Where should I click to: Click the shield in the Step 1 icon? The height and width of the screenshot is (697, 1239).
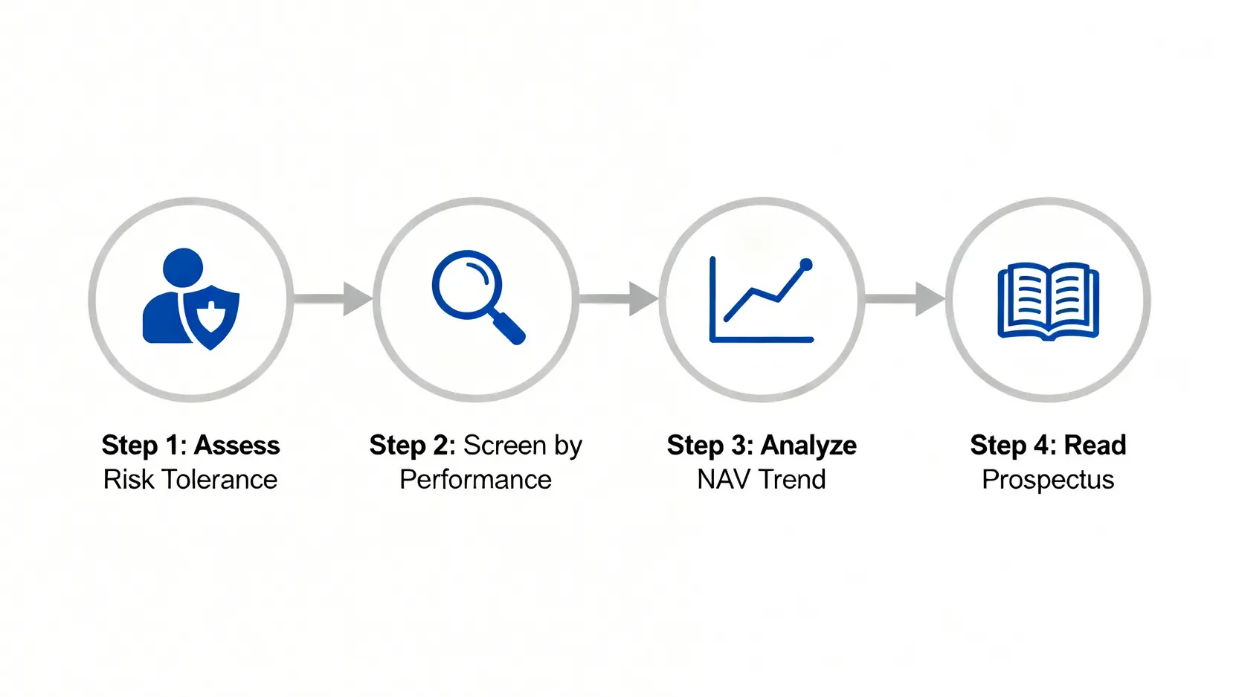click(210, 318)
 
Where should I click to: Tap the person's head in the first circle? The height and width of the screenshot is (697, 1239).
click(183, 268)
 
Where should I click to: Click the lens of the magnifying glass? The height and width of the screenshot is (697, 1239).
click(467, 285)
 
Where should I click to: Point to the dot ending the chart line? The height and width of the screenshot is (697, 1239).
click(806, 265)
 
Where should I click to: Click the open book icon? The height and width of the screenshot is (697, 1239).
click(1048, 301)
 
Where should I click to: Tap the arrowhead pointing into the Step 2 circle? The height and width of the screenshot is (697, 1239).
click(358, 299)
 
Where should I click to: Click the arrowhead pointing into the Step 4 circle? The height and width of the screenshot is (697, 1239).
click(930, 299)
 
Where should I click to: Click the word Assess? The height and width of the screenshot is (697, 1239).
click(236, 446)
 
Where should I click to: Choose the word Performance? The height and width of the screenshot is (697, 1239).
click(476, 480)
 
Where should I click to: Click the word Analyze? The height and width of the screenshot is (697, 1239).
click(808, 446)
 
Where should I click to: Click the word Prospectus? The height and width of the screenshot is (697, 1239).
click(1048, 480)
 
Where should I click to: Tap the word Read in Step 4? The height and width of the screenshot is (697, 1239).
click(1095, 446)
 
